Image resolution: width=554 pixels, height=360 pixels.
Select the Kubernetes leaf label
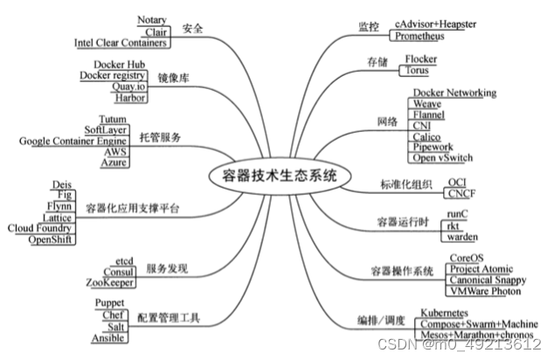click(x=452, y=312)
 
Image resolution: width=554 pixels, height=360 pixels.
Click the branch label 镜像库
click(x=174, y=79)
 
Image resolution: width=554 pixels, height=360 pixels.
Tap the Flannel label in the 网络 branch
click(x=429, y=114)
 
